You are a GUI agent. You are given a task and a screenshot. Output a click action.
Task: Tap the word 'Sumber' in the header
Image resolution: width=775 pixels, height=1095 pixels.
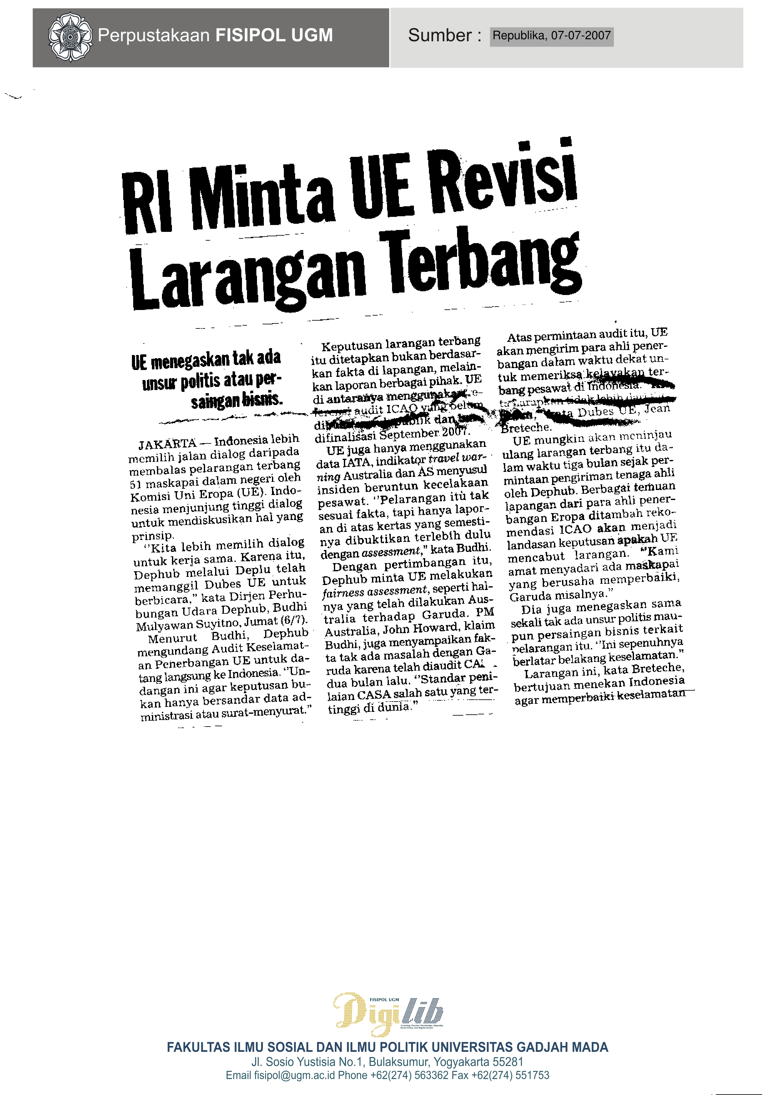pyautogui.click(x=440, y=35)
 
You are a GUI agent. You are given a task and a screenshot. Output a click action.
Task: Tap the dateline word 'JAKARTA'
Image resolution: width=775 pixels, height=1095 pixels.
pyautogui.click(x=167, y=444)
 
